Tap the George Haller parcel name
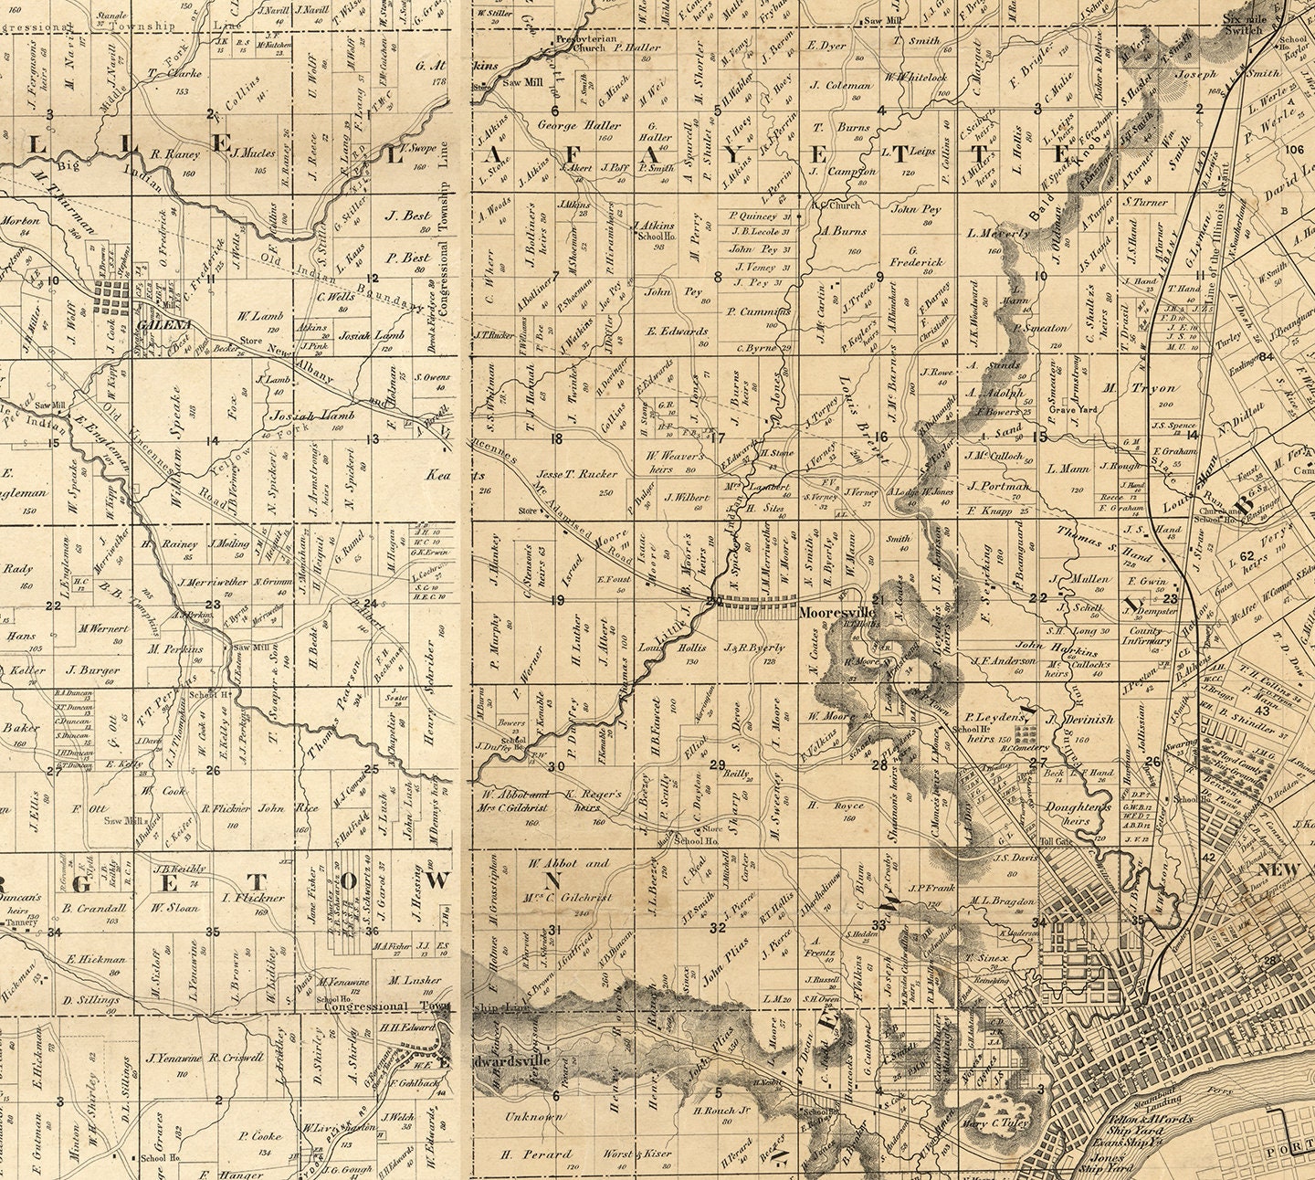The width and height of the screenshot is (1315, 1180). click(580, 125)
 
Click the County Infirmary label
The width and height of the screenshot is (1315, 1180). click(1146, 636)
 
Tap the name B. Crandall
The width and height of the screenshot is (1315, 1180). click(94, 909)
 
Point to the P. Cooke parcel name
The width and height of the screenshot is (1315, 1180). click(260, 1136)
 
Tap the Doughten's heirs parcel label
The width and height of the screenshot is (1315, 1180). click(1079, 815)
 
